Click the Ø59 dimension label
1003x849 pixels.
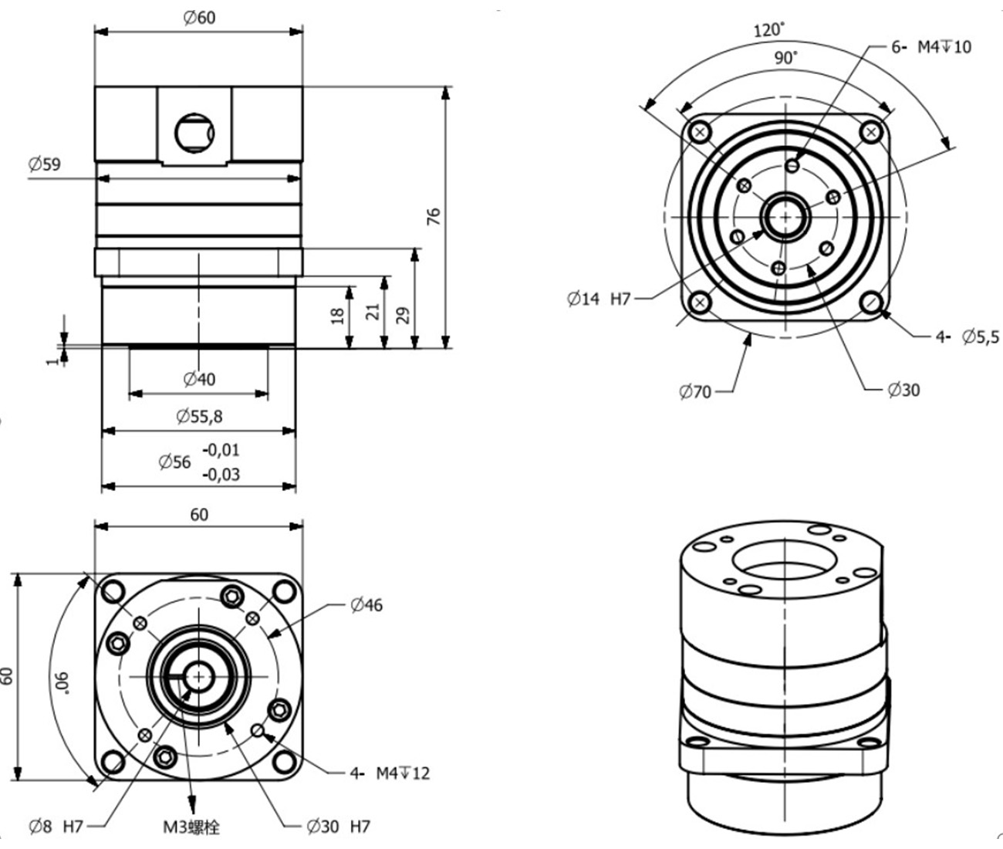44,164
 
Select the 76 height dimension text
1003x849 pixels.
434,216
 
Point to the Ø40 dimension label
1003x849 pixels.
199,379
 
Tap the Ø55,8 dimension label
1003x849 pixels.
199,417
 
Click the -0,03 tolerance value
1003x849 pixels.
221,474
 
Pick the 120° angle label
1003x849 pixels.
768,30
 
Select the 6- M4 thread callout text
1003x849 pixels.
931,47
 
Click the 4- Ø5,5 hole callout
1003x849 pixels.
967,337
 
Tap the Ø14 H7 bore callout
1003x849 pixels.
599,299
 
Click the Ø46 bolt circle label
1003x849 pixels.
366,605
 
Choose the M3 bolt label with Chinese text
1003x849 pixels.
191,827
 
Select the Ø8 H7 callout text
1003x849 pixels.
56,827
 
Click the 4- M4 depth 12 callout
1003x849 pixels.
389,773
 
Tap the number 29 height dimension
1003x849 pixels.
403,315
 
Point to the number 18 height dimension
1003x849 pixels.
337,316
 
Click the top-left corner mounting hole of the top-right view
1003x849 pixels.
701,132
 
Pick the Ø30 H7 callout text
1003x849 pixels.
338,827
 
